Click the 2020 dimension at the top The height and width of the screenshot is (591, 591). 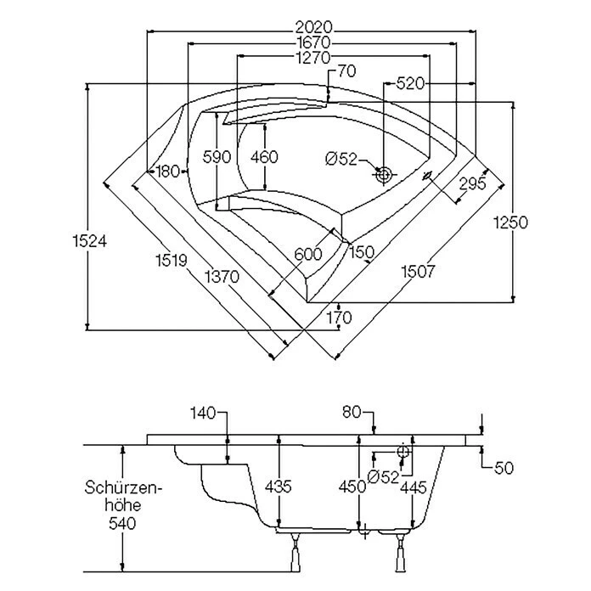(313, 27)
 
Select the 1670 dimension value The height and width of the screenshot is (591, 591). (313, 42)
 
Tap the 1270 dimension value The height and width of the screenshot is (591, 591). (313, 58)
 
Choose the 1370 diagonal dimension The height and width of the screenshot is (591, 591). (221, 275)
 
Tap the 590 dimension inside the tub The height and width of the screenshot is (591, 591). (217, 157)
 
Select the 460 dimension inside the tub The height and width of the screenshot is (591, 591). (265, 157)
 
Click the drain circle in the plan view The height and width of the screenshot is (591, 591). (384, 175)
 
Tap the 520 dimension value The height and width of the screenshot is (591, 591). (410, 84)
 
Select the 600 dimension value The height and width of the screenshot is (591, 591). (307, 254)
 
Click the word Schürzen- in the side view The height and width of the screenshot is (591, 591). (123, 487)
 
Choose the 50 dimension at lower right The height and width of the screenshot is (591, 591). (504, 468)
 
